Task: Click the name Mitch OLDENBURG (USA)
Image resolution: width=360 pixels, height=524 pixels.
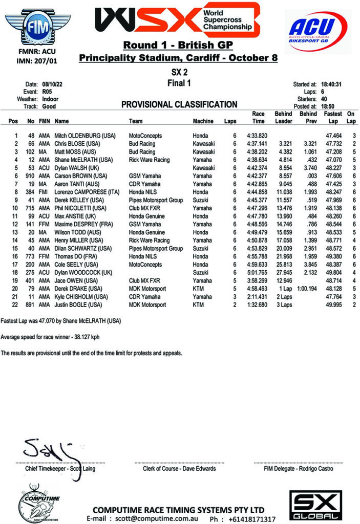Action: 82,136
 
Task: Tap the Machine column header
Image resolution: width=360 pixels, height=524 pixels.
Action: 203,121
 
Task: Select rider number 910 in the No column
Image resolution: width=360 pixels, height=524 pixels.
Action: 30,175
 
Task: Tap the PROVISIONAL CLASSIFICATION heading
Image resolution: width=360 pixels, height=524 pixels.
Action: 179,104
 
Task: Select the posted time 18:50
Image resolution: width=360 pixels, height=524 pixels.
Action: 329,106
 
